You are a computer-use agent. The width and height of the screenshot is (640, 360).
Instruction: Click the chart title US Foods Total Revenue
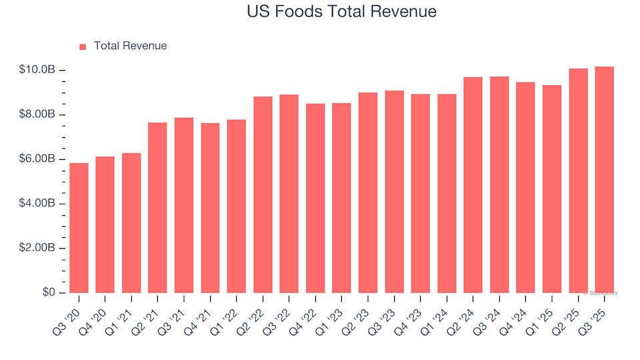(341, 12)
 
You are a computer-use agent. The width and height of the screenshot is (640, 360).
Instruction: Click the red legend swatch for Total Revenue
(83, 47)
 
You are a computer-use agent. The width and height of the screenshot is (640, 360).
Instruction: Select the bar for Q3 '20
(79, 228)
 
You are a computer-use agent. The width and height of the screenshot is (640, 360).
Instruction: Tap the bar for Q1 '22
(237, 206)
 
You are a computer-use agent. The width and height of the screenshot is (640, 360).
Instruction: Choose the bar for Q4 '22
(315, 198)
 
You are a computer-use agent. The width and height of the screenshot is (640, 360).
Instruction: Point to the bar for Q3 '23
(394, 192)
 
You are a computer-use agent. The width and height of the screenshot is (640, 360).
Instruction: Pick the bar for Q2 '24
(473, 185)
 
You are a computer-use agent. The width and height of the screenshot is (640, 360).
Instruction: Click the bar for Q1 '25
(552, 189)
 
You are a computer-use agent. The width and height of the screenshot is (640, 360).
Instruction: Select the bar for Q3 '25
(605, 180)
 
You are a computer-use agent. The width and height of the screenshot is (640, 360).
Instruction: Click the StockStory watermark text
(601, 293)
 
